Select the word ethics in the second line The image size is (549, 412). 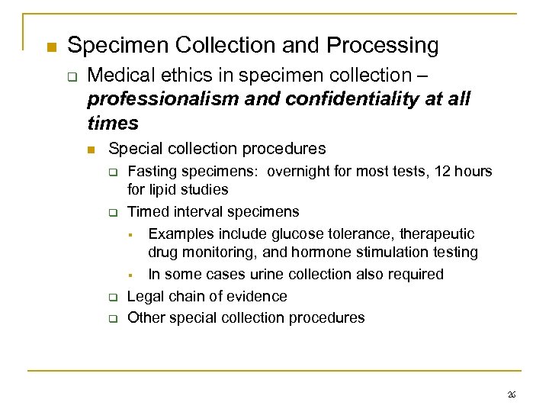click(175, 76)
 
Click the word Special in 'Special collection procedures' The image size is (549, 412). click(133, 148)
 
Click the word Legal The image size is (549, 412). click(145, 296)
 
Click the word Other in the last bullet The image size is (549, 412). click(145, 317)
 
